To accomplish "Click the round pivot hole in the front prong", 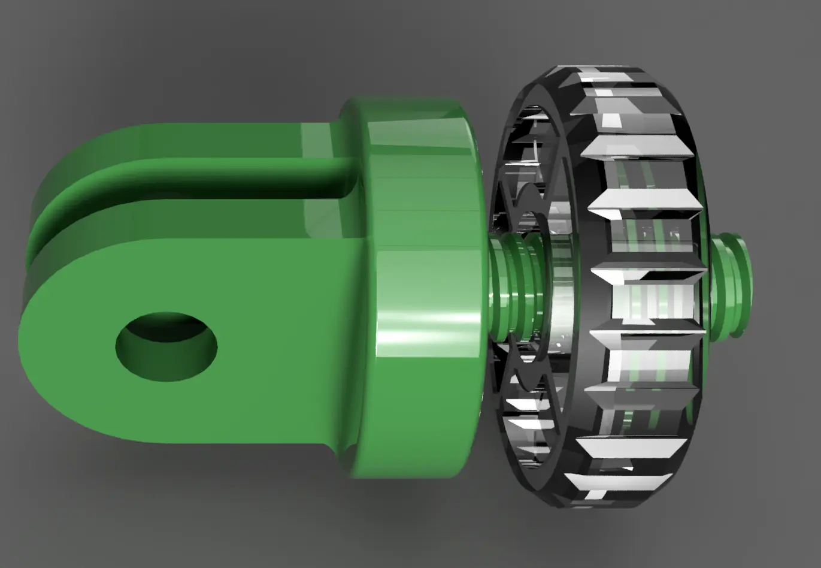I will (x=166, y=346).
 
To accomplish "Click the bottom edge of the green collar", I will (x=413, y=473).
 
